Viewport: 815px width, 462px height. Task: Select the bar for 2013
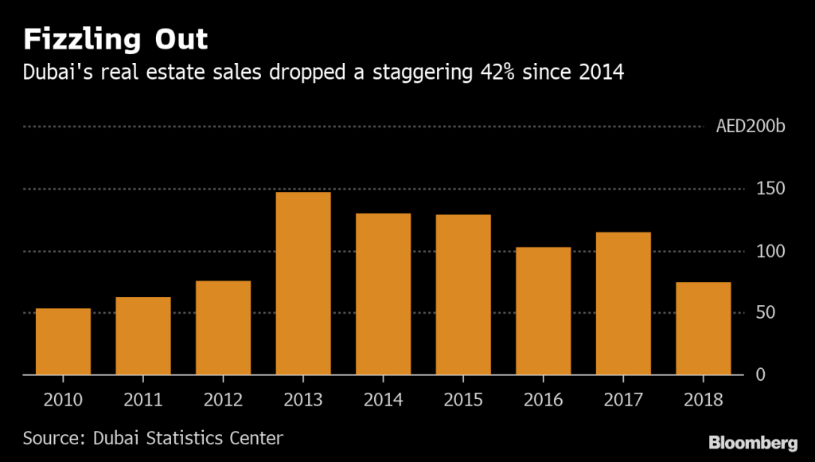click(x=303, y=283)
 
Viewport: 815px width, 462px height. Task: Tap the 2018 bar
click(x=704, y=328)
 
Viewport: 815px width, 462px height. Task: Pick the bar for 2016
click(x=544, y=311)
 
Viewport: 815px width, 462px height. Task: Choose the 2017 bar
click(x=623, y=303)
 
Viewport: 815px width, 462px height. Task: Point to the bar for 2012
click(x=224, y=327)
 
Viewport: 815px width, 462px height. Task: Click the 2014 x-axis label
click(x=384, y=400)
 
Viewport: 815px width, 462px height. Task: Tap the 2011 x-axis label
click(x=143, y=400)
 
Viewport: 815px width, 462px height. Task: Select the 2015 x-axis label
click(x=463, y=400)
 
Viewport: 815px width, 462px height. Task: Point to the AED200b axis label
click(x=750, y=127)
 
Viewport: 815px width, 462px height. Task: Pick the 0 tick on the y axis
click(x=759, y=374)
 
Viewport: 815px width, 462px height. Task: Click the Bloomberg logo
click(x=753, y=442)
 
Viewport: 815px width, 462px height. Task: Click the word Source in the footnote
click(x=49, y=438)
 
